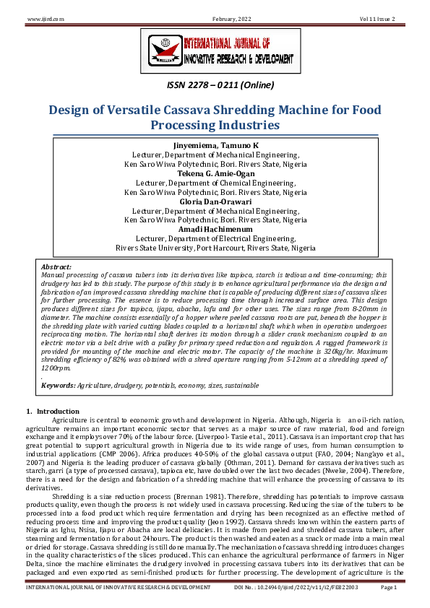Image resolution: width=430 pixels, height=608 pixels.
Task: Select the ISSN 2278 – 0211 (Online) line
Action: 215,85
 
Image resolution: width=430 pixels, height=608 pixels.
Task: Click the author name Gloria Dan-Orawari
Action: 215,202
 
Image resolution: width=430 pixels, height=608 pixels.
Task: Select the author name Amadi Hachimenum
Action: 215,230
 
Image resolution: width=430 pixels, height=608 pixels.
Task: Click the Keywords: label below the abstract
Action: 59,385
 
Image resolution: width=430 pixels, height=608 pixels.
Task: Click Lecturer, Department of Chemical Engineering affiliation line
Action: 215,183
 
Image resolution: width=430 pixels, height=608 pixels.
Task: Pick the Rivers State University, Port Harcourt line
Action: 215,248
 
